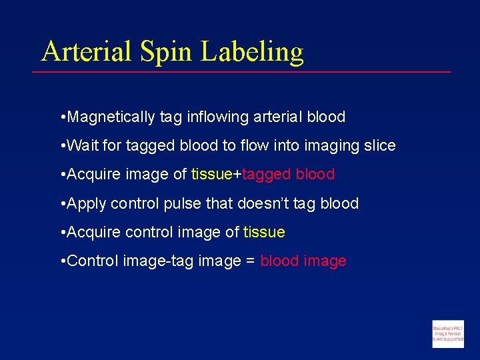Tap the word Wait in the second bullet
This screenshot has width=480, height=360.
83,145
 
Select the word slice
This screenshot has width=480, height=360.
378,145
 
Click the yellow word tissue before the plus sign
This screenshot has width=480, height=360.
211,175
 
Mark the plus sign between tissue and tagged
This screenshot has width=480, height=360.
237,175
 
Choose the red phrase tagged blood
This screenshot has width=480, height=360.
288,175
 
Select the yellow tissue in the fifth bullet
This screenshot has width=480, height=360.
264,233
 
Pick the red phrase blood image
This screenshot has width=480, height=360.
303,261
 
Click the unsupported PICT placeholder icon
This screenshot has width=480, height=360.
447,333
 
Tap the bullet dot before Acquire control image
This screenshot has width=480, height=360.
62,233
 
